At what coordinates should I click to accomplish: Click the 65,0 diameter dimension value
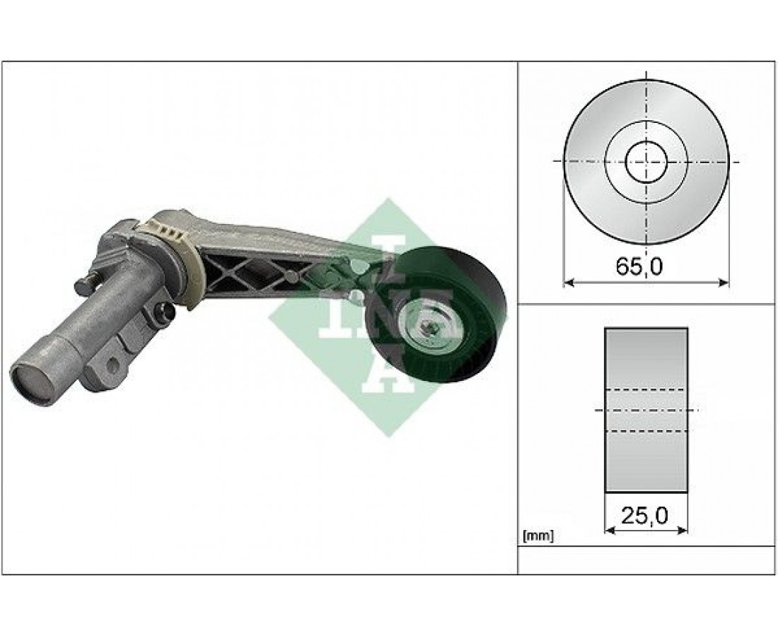(639, 267)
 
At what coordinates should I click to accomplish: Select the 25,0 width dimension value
(644, 517)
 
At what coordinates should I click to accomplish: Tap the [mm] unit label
(538, 536)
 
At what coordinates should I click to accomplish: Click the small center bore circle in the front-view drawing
(646, 161)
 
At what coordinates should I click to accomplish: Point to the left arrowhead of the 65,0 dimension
(569, 283)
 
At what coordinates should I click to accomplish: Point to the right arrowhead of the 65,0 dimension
(724, 283)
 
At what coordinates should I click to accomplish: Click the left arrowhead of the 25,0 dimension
(610, 531)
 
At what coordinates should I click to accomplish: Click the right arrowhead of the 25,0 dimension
(683, 531)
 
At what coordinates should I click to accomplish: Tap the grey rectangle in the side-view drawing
(646, 410)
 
